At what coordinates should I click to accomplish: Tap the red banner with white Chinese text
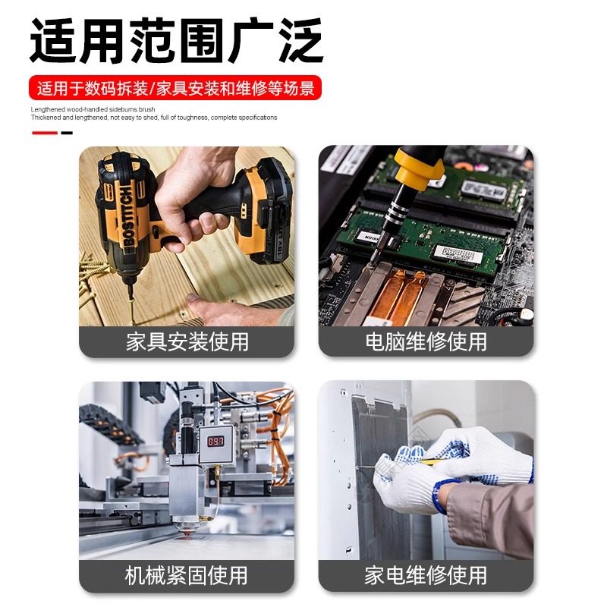coord(175,87)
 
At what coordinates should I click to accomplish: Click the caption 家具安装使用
coord(187,341)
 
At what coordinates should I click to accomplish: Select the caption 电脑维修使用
coord(426,341)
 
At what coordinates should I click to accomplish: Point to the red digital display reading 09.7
coord(216,440)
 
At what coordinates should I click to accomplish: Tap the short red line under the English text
coord(45,133)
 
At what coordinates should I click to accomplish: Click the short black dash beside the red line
coord(67,133)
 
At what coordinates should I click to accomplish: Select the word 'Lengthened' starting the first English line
coord(46,110)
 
